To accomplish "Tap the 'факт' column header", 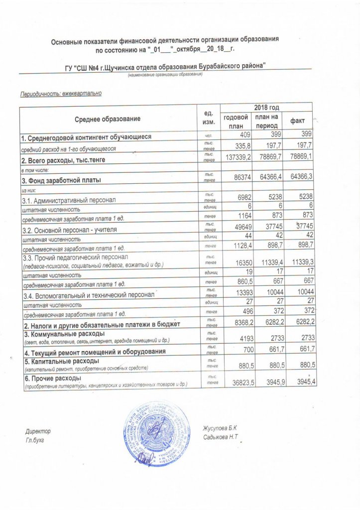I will click(x=298, y=121).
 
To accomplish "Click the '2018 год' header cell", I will click(x=266, y=107).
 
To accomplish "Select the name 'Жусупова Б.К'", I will click(x=221, y=428).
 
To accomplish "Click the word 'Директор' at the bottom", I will click(x=38, y=430).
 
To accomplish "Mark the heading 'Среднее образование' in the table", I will click(x=108, y=119).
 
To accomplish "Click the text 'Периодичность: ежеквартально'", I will click(x=61, y=93).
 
